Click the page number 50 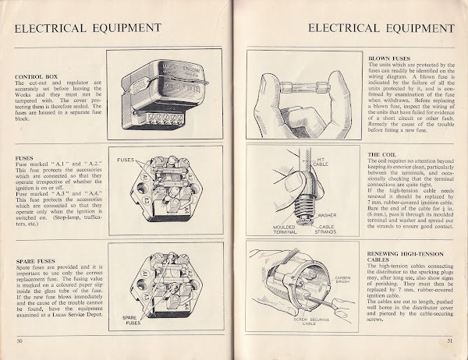pos(18,340)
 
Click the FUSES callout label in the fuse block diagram pos(127,158)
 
